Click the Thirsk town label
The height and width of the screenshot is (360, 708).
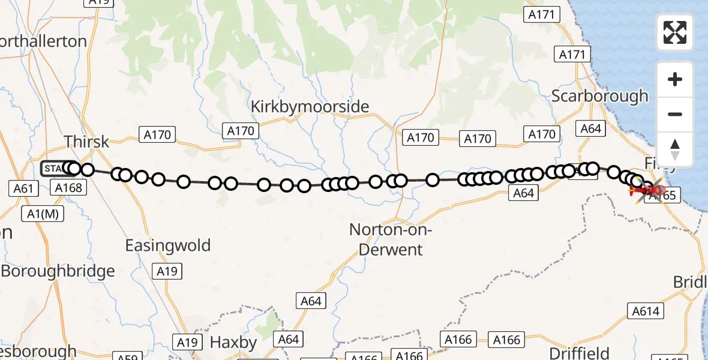click(x=86, y=142)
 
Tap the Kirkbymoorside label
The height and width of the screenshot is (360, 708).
click(x=310, y=107)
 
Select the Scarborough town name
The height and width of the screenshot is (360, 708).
click(x=599, y=96)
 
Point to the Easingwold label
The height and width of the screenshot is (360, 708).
click(x=168, y=245)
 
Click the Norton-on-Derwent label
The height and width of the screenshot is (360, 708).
click(x=391, y=239)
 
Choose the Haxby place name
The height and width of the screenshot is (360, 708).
click(x=233, y=343)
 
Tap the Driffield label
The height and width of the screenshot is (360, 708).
click(x=580, y=353)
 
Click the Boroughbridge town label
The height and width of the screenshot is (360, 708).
click(x=58, y=271)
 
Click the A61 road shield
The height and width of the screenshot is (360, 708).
click(x=23, y=188)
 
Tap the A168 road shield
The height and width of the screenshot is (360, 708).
click(x=68, y=188)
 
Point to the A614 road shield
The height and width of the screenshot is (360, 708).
click(x=646, y=310)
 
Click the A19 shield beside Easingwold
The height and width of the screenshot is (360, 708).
click(x=167, y=271)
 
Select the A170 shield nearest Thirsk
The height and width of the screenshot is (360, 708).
click(x=157, y=134)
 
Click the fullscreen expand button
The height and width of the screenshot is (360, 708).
click(x=675, y=32)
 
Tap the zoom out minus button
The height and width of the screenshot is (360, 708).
click(x=675, y=115)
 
